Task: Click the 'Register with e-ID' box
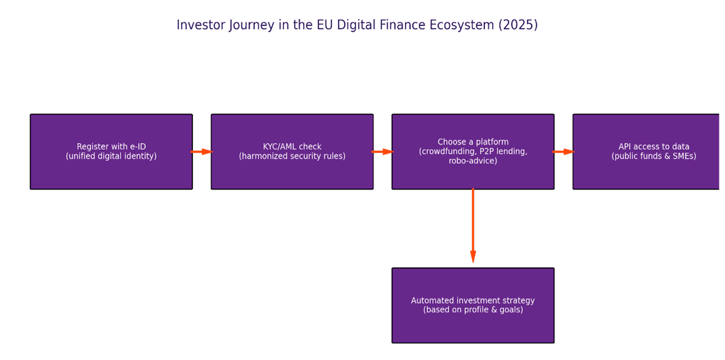(111, 152)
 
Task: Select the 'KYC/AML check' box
(292, 152)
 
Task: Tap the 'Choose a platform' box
(473, 152)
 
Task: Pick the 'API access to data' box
(646, 152)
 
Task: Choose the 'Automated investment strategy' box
(473, 305)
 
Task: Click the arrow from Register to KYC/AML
(201, 152)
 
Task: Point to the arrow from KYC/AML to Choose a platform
(383, 152)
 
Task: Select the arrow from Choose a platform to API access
(564, 152)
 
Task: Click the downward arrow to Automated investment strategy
(473, 225)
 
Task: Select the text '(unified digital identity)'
(111, 156)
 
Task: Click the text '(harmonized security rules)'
(292, 156)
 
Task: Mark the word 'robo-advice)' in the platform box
(473, 161)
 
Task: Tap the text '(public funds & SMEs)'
(654, 156)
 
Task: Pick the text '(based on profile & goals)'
(473, 310)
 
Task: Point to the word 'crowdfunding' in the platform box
(449, 152)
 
